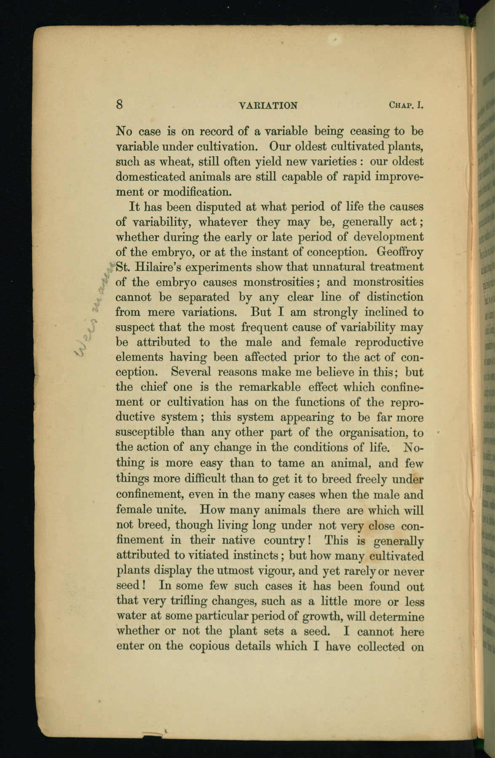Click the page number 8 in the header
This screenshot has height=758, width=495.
coord(120,104)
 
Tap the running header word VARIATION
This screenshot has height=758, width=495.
coord(268,105)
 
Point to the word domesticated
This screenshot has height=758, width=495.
coord(156,176)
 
